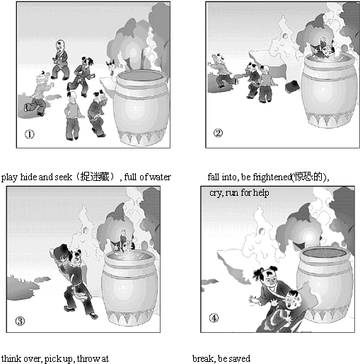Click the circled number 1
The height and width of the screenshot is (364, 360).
pos(30,134)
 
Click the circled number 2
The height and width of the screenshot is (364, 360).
pos(218,133)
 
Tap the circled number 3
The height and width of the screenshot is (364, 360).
pos(20,321)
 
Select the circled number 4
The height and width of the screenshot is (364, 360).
pos(214,318)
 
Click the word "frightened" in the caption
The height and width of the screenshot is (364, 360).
pos(272,177)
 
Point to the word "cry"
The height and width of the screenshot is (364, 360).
pos(216,193)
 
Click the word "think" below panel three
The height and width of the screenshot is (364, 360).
pos(9,358)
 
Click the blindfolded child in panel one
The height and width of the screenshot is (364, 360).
pos(38,94)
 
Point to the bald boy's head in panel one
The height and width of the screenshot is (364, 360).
pos(60,45)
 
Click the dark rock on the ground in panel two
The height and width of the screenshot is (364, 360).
pos(292,86)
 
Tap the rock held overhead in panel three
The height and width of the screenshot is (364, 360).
pos(61,252)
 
